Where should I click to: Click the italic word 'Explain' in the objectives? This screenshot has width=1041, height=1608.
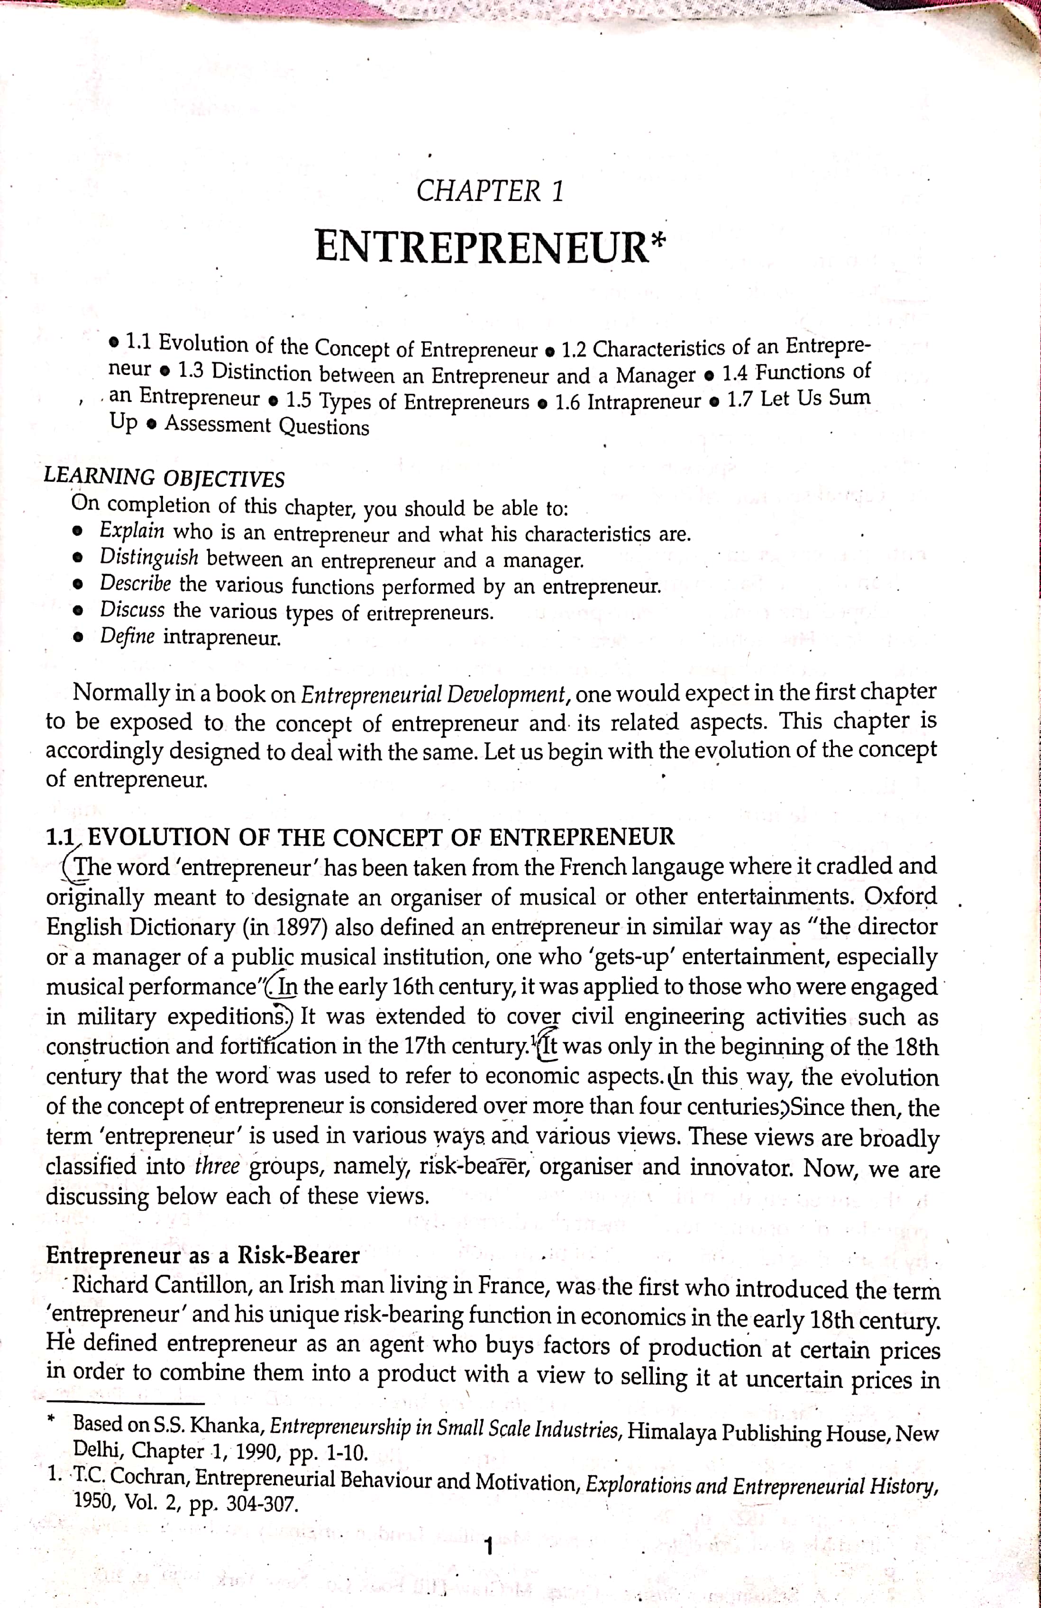pyautogui.click(x=132, y=530)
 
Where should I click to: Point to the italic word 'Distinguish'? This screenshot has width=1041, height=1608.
pyautogui.click(x=149, y=557)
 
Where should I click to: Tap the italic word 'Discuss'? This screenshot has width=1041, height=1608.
pyautogui.click(x=132, y=610)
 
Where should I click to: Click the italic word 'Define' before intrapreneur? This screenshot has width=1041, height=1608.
pyautogui.click(x=128, y=637)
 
